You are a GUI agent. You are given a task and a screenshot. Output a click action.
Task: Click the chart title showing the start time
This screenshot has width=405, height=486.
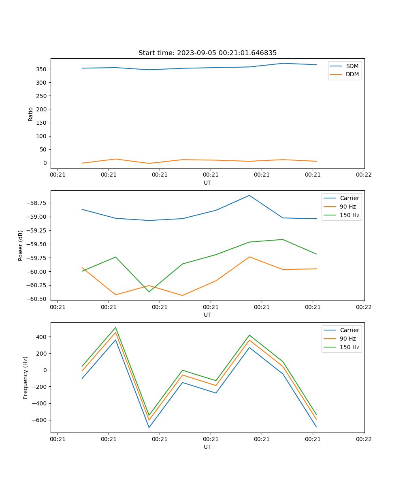(207, 53)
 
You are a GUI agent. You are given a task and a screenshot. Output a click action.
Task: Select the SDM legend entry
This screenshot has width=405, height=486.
(352, 66)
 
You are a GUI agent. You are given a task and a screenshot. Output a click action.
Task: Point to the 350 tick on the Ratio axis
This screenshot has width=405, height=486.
(42, 69)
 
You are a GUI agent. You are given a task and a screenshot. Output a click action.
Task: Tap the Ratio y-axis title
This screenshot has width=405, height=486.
(31, 114)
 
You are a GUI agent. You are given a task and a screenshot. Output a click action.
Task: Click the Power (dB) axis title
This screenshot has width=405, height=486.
(21, 245)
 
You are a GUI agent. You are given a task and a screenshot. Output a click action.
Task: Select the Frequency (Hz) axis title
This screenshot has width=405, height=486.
(26, 377)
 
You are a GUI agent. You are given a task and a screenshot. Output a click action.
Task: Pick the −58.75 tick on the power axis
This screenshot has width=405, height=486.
(36, 203)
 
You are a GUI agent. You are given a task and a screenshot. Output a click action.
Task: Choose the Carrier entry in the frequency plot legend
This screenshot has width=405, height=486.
(349, 330)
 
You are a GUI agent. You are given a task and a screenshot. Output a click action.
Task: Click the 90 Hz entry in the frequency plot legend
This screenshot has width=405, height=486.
(347, 339)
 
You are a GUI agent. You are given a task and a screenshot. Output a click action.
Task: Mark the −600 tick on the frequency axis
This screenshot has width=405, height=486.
(39, 420)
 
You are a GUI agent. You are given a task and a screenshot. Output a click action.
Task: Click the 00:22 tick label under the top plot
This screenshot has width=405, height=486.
(364, 175)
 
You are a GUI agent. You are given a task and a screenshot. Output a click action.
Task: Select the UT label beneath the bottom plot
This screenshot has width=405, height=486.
(207, 447)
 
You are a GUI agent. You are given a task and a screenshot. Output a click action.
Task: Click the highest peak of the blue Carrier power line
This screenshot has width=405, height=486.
(249, 196)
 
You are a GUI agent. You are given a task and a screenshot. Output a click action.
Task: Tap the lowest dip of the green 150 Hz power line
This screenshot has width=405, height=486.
(149, 292)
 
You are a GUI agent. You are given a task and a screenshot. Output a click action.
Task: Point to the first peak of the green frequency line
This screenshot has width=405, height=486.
(115, 328)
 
